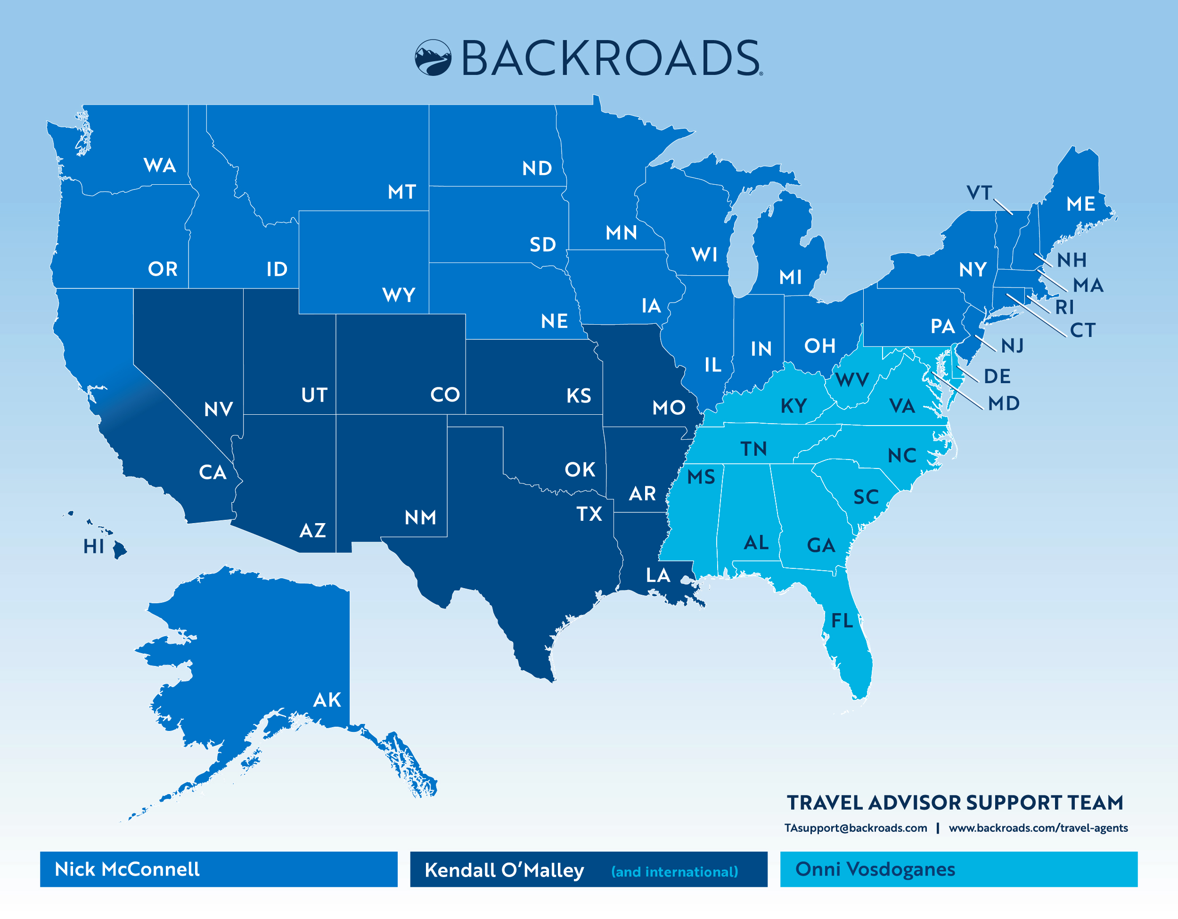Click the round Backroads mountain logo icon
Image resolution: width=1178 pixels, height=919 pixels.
433,57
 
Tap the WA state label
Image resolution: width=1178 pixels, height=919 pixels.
160,165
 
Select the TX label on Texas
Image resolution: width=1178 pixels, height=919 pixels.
589,514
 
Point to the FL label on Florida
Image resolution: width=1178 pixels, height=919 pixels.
842,621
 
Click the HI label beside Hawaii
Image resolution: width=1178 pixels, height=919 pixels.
93,546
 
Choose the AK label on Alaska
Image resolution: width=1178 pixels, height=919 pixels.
327,700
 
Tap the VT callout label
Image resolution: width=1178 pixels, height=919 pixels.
978,193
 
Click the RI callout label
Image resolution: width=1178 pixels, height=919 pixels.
1064,307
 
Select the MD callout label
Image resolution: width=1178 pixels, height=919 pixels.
1004,403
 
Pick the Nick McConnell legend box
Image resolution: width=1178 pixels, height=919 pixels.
219,869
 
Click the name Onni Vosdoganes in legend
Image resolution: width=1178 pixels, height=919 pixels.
875,869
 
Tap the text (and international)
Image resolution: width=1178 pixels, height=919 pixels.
674,871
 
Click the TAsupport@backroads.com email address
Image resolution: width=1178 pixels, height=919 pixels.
855,828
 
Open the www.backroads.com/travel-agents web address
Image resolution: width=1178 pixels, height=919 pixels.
1038,828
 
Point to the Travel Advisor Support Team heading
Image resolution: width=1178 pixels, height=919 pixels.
955,803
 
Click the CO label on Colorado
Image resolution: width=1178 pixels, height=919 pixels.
445,395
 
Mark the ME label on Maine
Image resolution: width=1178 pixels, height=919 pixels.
1080,204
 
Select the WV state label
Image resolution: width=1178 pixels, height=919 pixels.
852,380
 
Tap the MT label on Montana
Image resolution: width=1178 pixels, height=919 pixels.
402,192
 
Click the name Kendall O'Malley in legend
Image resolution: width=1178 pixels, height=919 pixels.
504,870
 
